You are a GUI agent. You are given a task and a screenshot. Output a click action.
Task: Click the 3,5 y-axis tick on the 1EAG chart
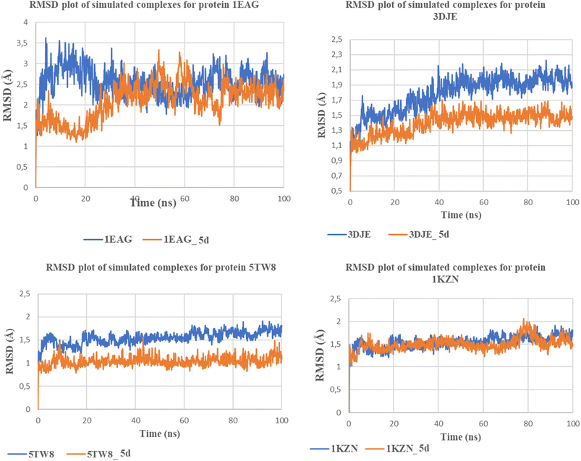(x=22, y=43)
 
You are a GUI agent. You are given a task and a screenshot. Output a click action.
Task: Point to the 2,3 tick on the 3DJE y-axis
(x=337, y=55)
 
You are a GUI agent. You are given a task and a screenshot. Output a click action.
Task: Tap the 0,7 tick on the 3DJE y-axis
(x=337, y=176)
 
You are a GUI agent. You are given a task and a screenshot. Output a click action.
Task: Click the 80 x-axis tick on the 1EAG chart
(x=234, y=199)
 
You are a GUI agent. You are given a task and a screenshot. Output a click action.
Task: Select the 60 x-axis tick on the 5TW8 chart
(x=185, y=421)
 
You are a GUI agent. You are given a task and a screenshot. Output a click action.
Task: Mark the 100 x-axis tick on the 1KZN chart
(x=573, y=423)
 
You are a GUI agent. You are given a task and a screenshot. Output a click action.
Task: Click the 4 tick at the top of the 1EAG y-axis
(x=25, y=22)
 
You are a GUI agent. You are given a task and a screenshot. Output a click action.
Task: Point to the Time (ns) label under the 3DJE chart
(x=461, y=215)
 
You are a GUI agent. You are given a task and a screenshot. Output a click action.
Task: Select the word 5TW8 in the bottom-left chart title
(x=263, y=267)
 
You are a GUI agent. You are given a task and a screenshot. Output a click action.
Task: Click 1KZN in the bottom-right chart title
(x=446, y=279)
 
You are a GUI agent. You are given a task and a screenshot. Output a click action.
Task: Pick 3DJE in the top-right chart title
(x=446, y=17)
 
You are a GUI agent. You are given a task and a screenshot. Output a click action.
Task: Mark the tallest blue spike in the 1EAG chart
(x=46, y=38)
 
